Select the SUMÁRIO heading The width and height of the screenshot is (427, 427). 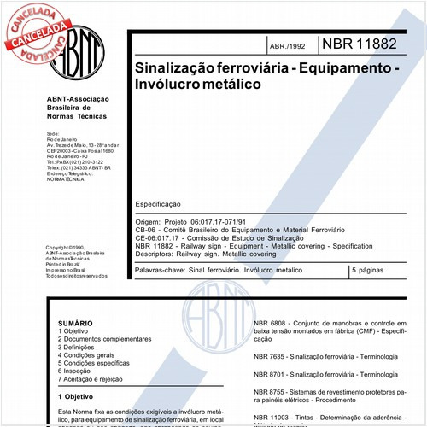pos(75,325)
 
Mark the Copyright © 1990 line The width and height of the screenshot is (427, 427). pos(68,248)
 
